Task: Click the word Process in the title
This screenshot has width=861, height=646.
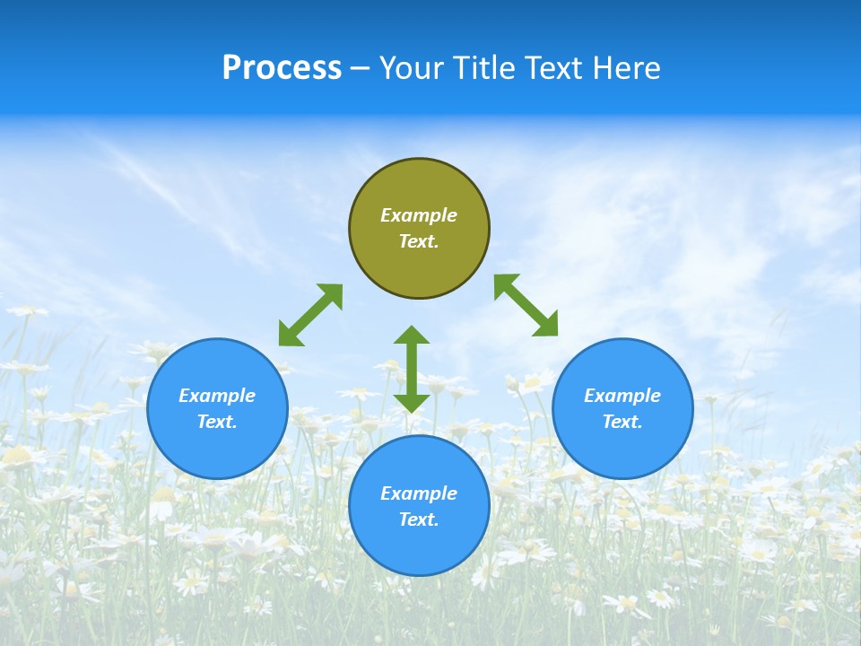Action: [x=282, y=68]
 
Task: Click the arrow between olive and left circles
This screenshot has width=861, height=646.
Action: [x=310, y=315]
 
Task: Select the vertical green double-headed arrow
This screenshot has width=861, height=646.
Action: [x=412, y=369]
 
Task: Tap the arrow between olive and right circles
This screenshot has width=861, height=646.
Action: [x=526, y=305]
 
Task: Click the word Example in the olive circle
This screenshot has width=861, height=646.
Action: [x=419, y=215]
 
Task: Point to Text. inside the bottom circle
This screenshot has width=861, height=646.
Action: [x=419, y=519]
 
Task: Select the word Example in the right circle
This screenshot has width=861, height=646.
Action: [x=622, y=396]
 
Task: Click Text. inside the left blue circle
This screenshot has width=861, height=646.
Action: [x=217, y=422]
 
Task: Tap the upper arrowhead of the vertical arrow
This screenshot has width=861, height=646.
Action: [x=412, y=336]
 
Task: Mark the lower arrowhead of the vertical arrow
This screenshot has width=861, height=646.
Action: [x=412, y=402]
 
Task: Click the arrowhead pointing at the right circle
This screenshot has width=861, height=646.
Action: [x=546, y=325]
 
